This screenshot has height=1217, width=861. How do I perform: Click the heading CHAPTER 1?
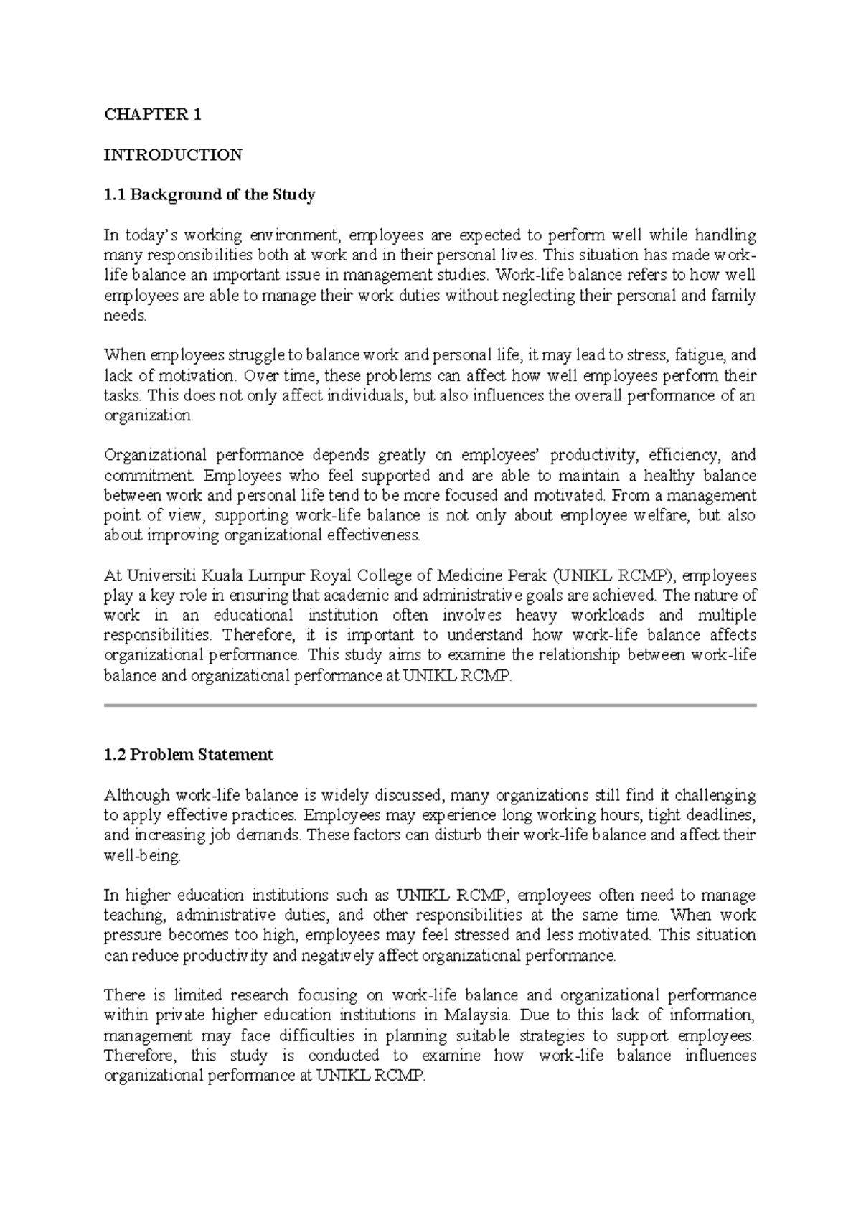[x=153, y=114]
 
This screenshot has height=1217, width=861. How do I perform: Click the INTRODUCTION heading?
[x=173, y=154]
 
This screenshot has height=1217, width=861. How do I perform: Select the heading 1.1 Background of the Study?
[x=210, y=194]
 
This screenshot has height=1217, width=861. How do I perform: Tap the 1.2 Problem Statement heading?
[x=189, y=755]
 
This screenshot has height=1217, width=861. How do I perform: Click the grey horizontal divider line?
[x=430, y=706]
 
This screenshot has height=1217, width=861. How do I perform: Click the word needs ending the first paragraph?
[x=125, y=316]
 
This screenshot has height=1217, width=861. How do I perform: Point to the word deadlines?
[x=725, y=815]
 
